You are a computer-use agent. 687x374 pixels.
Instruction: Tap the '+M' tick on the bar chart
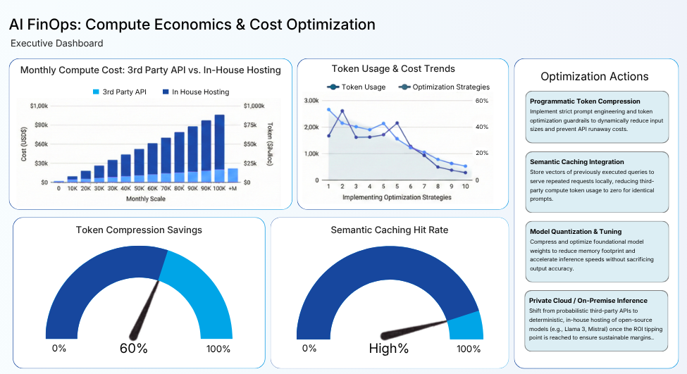point(233,189)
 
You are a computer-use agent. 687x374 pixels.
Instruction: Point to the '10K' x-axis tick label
point(72,189)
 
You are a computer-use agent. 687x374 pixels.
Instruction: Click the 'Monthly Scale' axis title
point(147,199)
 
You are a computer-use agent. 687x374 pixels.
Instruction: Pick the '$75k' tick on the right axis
point(252,125)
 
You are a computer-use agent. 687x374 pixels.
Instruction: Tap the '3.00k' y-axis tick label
point(311,101)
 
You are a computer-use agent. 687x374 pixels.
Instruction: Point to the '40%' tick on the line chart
point(482,127)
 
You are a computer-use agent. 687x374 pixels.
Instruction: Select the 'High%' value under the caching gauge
point(389,349)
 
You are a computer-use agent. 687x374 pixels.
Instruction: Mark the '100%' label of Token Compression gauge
point(218,349)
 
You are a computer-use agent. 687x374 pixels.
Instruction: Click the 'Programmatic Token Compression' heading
point(585,101)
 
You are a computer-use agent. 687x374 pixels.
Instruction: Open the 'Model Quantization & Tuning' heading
point(575,232)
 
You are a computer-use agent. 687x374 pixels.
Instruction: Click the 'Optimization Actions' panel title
point(594,76)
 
